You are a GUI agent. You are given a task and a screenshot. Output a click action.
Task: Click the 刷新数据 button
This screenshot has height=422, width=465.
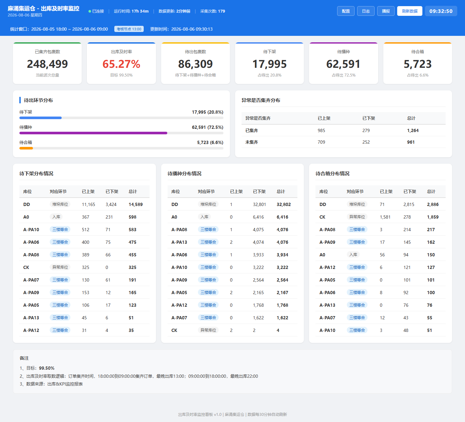pyautogui.click(x=409, y=11)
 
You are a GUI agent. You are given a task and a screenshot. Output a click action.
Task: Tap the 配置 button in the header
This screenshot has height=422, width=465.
pyautogui.click(x=346, y=11)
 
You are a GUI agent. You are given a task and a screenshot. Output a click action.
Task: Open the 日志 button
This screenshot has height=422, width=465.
pyautogui.click(x=366, y=11)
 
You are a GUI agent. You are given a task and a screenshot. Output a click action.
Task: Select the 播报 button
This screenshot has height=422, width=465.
pyautogui.click(x=386, y=11)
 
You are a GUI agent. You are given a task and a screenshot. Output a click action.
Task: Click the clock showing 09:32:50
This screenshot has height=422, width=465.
pyautogui.click(x=441, y=11)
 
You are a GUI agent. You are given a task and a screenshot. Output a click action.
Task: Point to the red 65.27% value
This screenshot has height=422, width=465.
pyautogui.click(x=121, y=64)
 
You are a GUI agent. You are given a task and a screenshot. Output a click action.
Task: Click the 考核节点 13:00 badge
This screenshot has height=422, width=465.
pyautogui.click(x=129, y=29)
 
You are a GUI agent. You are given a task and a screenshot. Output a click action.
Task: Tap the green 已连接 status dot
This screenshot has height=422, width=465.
pyautogui.click(x=90, y=11)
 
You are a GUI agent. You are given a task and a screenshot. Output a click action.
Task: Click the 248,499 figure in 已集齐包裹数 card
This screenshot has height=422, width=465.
pyautogui.click(x=47, y=64)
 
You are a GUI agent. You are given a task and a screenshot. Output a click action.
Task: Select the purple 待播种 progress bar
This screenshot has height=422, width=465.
pyautogui.click(x=93, y=133)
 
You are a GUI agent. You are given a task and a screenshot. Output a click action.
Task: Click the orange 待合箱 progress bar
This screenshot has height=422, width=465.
pyautogui.click(x=26, y=148)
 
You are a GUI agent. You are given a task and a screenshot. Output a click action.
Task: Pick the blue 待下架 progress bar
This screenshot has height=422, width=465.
pyautogui.click(x=41, y=118)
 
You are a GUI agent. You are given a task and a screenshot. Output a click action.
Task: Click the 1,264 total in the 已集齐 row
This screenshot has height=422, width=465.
pyautogui.click(x=413, y=130)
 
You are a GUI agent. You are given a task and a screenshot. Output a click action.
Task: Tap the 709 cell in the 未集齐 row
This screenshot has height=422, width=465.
pyautogui.click(x=321, y=142)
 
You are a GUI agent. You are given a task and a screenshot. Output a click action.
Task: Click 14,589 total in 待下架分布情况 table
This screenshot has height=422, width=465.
pyautogui.click(x=136, y=204)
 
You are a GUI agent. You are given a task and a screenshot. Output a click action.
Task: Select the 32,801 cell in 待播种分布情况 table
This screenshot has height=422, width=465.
pyautogui.click(x=259, y=204)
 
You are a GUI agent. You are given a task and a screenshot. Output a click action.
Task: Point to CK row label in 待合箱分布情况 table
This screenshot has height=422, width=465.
pyautogui.click(x=322, y=217)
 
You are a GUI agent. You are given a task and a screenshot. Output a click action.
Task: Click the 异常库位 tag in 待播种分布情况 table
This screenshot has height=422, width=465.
pyautogui.click(x=208, y=330)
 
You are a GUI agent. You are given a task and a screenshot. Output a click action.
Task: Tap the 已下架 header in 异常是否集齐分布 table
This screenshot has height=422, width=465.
pyautogui.click(x=368, y=118)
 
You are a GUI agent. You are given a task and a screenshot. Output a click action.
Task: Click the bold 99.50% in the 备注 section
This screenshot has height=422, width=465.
pyautogui.click(x=46, y=368)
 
